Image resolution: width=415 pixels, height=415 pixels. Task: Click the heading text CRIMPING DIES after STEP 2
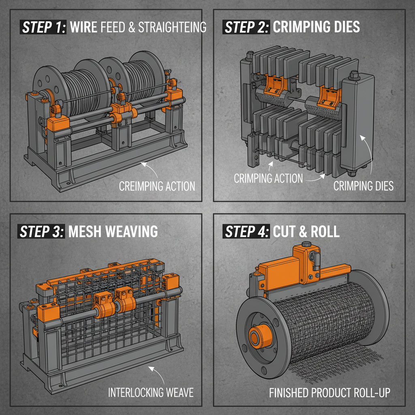(316, 27)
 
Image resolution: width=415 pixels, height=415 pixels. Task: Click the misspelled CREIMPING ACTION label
(157, 186)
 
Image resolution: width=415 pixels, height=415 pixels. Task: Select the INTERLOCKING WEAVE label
(151, 392)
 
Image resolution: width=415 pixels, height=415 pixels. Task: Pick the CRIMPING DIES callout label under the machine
(363, 186)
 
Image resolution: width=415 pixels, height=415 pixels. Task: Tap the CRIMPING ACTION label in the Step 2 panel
(268, 178)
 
